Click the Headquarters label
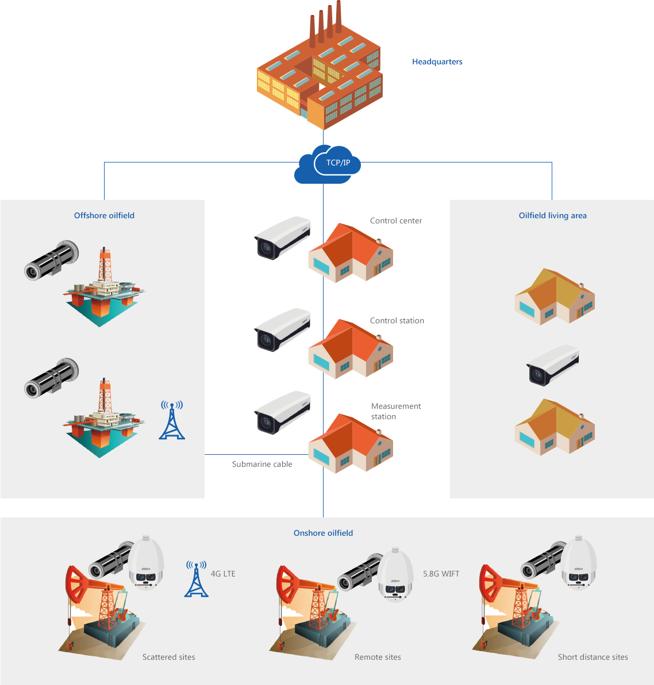click(x=437, y=62)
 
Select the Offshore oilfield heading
click(x=104, y=216)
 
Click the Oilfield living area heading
click(x=552, y=216)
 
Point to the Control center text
click(x=396, y=221)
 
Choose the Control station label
click(x=397, y=321)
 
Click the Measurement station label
click(x=396, y=412)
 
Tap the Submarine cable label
click(x=262, y=465)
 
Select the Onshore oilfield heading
click(x=323, y=533)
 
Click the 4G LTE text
click(x=223, y=574)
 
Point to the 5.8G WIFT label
click(x=441, y=574)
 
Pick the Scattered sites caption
click(x=168, y=657)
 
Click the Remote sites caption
click(x=378, y=657)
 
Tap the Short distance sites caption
click(x=593, y=657)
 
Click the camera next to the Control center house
click(x=282, y=237)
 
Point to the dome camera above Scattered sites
click(x=146, y=564)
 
